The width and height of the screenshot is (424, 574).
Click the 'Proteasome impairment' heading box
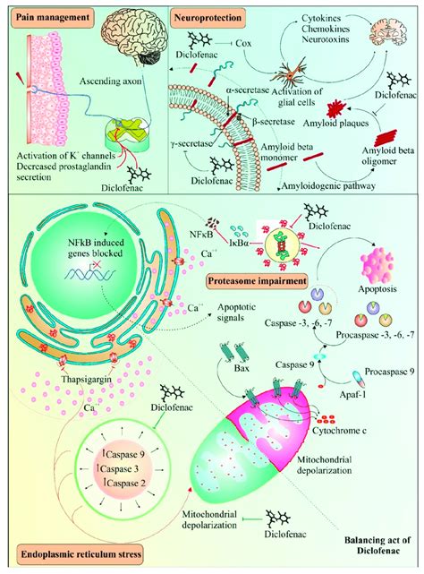point(252,283)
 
